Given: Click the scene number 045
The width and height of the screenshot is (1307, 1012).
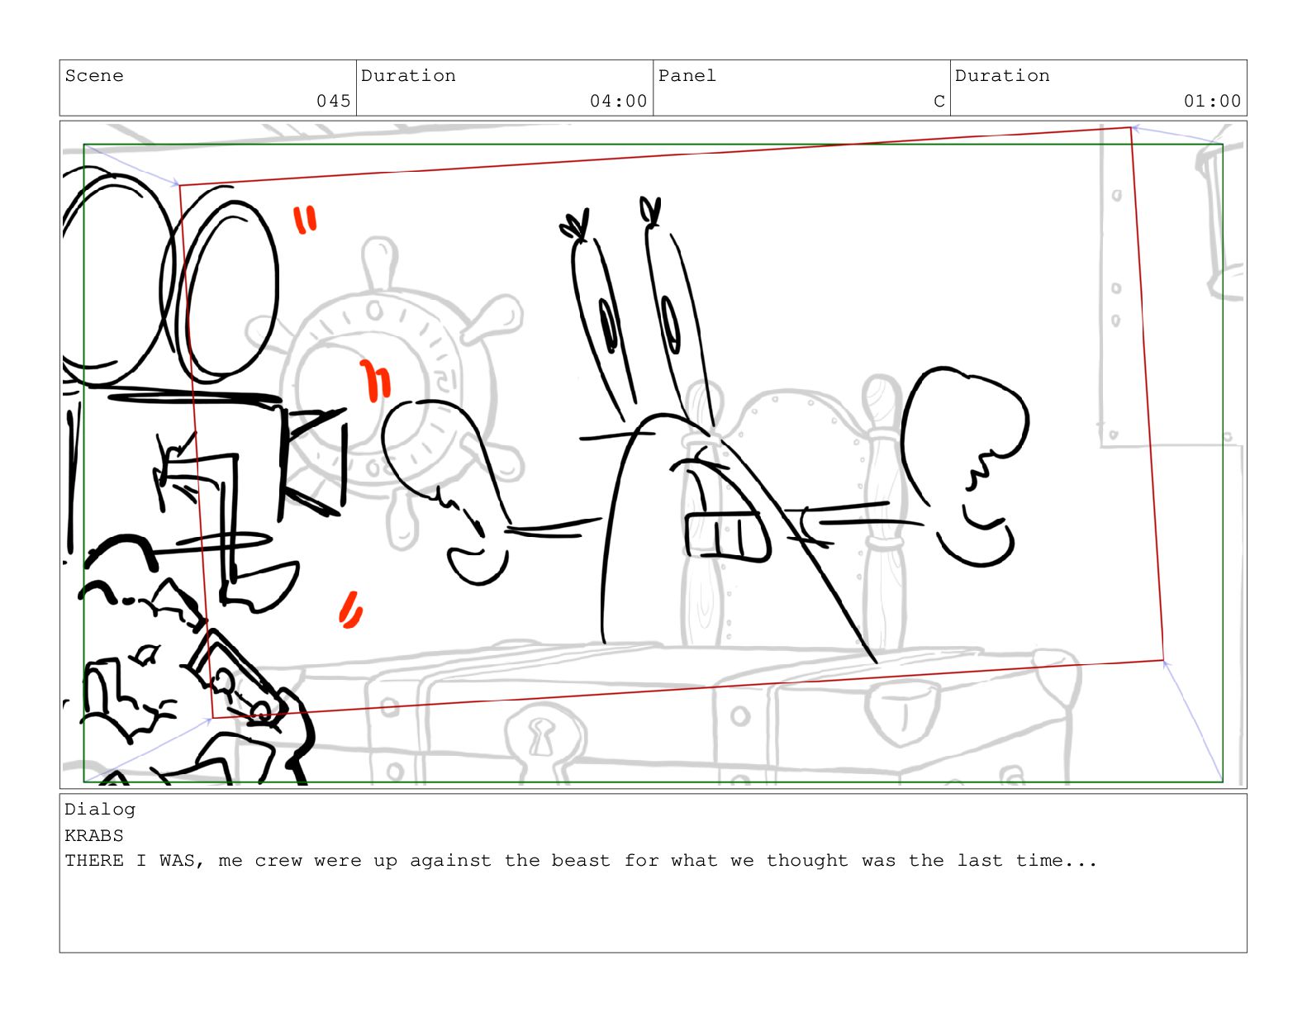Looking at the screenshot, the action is (333, 101).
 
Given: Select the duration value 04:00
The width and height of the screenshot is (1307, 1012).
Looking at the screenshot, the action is (618, 101).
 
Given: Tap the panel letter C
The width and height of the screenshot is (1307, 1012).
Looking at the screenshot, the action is (939, 101).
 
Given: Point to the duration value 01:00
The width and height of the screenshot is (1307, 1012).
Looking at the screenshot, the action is (1211, 101).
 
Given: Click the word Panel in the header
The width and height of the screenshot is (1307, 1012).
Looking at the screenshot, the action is (687, 76).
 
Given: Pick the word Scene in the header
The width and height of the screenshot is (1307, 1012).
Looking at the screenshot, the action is (94, 76).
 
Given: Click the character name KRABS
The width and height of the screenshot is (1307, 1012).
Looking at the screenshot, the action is (94, 835).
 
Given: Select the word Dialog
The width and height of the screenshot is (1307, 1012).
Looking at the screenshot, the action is (100, 810).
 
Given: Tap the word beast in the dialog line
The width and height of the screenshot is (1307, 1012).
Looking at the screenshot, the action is (581, 861).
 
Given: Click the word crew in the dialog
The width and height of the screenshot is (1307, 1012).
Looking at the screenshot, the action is (278, 861).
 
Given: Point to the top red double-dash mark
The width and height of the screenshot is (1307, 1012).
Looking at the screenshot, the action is (305, 220).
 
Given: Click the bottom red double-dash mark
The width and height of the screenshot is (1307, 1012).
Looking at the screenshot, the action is (350, 610).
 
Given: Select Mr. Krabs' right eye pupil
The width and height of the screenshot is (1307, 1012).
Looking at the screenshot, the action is (670, 324).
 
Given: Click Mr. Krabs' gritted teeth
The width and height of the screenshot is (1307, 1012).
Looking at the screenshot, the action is (726, 535).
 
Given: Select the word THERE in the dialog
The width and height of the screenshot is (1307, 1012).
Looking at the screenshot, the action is (94, 861).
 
